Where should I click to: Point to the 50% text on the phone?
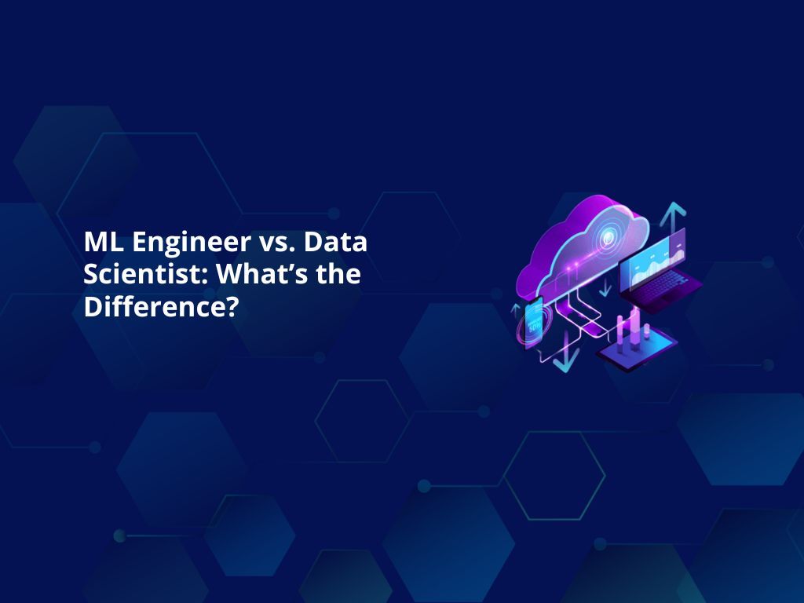click(x=534, y=325)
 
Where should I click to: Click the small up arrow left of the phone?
click(x=516, y=308)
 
